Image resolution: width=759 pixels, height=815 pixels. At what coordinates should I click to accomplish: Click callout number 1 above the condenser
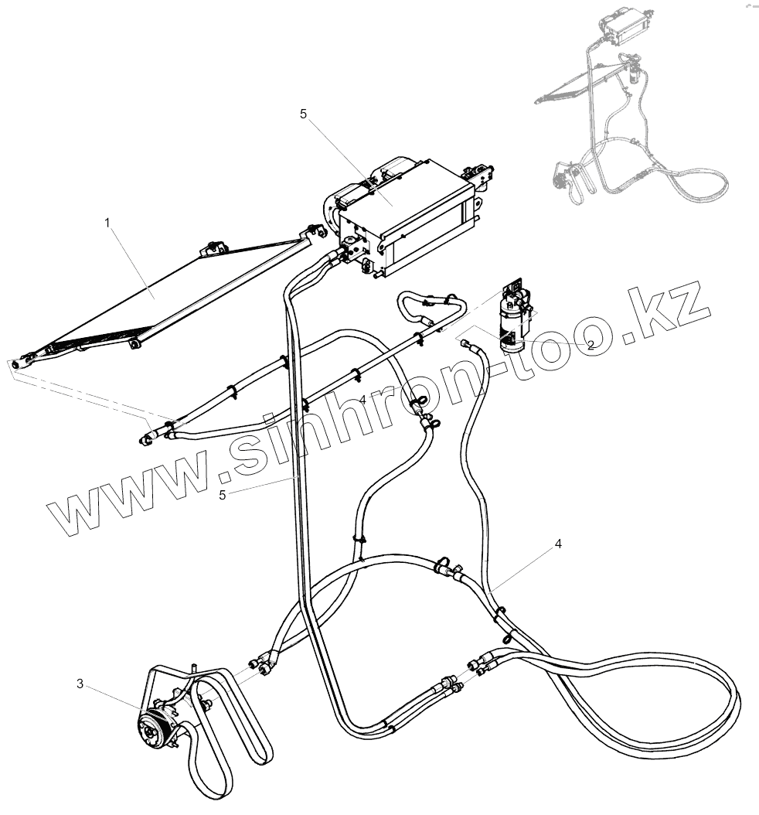(107, 223)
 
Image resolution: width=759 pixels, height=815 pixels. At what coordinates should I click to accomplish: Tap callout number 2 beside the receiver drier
(590, 346)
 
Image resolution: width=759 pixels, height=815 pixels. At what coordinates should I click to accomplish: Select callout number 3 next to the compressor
(80, 684)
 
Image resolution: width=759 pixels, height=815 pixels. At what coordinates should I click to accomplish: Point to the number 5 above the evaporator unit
(303, 114)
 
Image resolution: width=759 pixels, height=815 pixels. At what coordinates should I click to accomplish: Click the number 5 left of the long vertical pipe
(223, 495)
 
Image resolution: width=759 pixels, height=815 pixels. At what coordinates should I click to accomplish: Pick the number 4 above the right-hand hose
(557, 544)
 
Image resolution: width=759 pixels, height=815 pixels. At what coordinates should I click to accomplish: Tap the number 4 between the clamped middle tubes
(362, 399)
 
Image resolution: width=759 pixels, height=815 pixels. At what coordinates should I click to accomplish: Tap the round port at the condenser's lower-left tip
(15, 363)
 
